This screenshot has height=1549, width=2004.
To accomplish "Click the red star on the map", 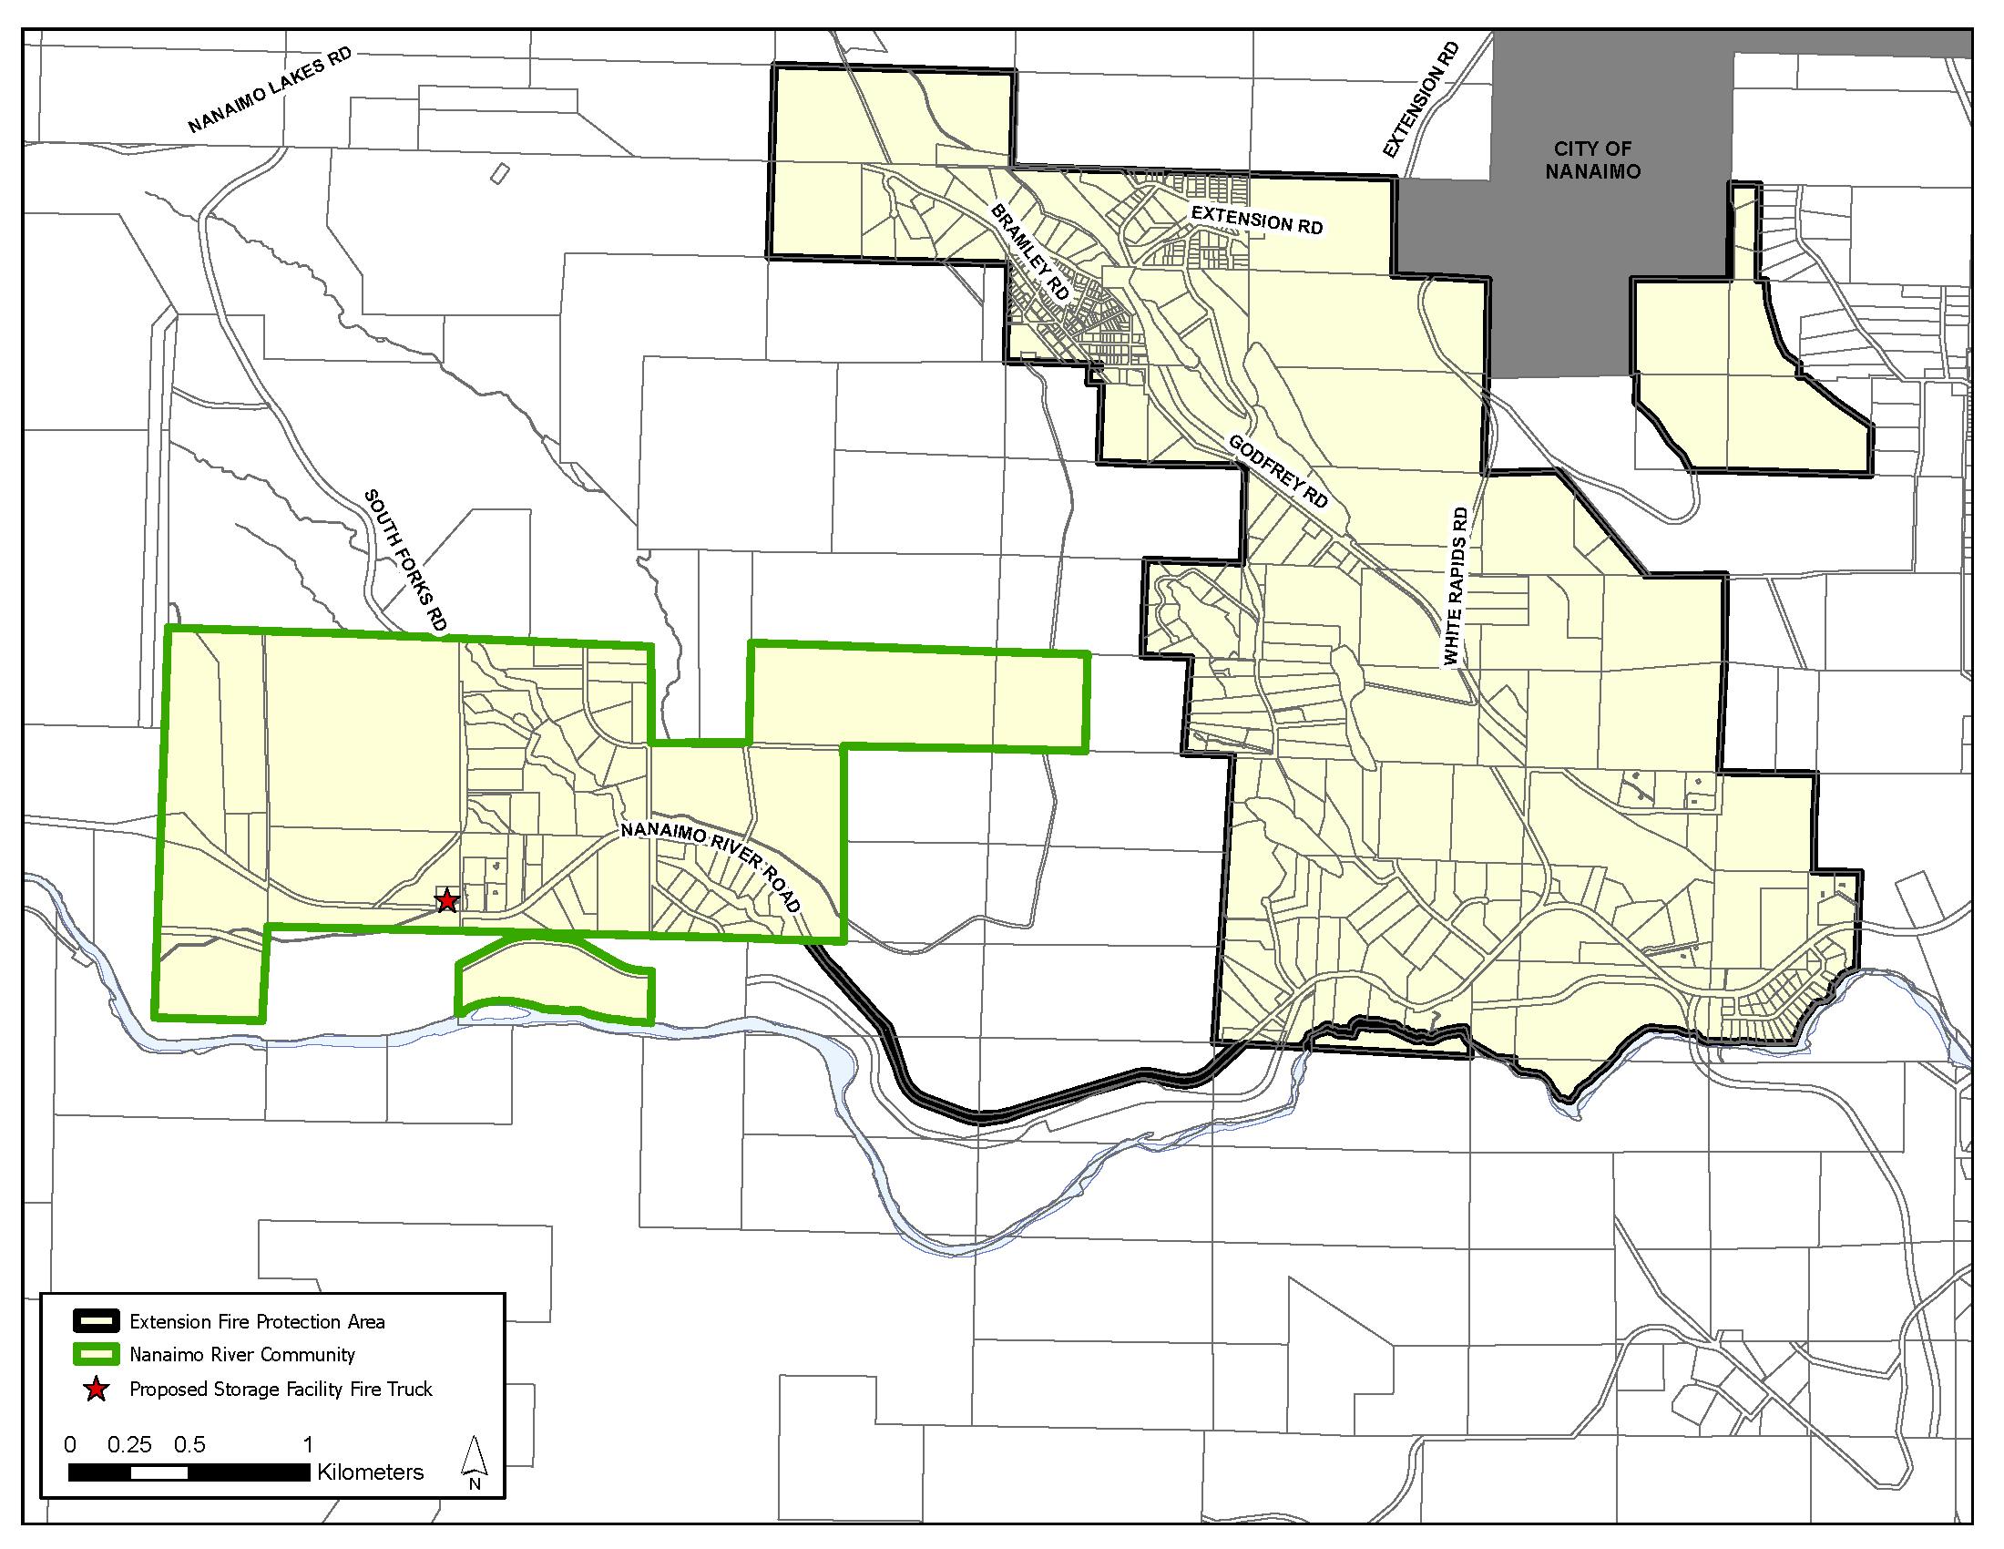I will (446, 900).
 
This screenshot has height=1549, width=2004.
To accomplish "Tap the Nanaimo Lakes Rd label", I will (270, 91).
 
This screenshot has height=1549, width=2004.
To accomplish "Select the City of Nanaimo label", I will (1592, 159).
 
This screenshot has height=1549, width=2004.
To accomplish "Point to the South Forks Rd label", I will (405, 559).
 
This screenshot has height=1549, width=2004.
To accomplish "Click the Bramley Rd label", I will (1029, 252).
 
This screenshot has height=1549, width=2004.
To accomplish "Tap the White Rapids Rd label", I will (1457, 587).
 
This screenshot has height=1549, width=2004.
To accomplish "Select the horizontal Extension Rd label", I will (1256, 220).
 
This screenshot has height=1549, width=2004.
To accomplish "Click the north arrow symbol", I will (475, 1463).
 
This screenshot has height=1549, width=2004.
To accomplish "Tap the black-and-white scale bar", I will (189, 1472).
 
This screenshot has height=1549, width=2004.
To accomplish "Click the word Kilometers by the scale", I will (371, 1472).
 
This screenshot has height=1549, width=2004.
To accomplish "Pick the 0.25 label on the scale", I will (128, 1444).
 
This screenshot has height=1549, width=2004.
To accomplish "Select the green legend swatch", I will (96, 1353).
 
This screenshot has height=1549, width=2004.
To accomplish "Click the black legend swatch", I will (96, 1321).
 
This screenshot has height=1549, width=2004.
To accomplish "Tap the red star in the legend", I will (96, 1390).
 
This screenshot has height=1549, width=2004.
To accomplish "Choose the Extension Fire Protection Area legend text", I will (257, 1321).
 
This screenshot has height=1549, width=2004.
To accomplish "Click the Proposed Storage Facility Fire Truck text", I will (281, 1390).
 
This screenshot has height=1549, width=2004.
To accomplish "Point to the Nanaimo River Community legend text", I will (242, 1354).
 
